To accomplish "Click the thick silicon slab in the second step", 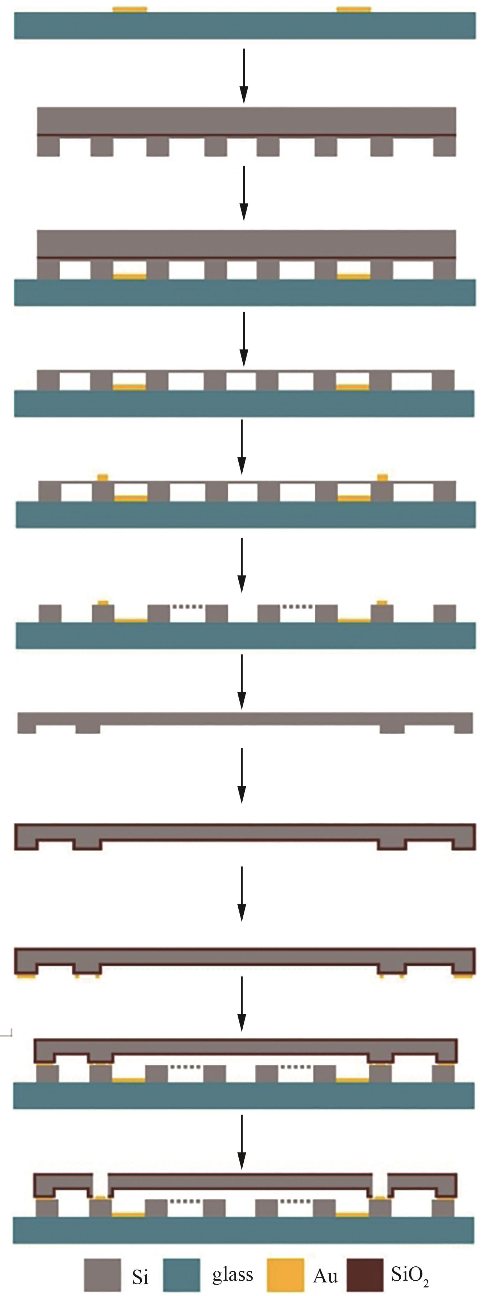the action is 246,121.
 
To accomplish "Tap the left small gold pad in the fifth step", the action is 102,477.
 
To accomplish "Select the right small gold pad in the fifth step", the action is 383,477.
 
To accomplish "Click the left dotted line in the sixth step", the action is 187,607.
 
